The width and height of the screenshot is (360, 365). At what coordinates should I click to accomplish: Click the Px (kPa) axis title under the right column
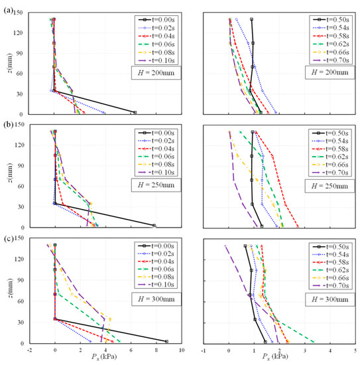[279, 358]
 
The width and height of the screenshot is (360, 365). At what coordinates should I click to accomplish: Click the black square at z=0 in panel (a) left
[135, 113]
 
